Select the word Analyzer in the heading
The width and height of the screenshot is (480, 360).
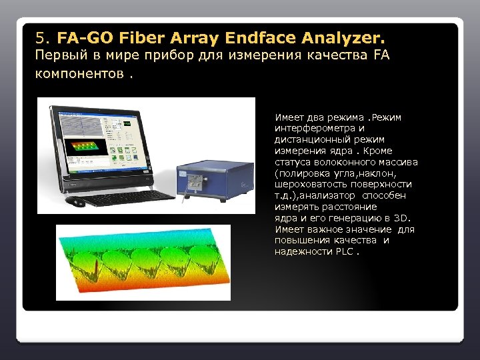(346, 35)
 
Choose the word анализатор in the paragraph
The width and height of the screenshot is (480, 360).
(329, 196)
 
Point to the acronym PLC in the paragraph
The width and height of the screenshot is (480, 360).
(344, 252)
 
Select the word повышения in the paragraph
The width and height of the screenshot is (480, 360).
(303, 241)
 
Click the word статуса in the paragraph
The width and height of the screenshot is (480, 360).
(291, 162)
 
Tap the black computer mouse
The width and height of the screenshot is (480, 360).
(77, 201)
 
